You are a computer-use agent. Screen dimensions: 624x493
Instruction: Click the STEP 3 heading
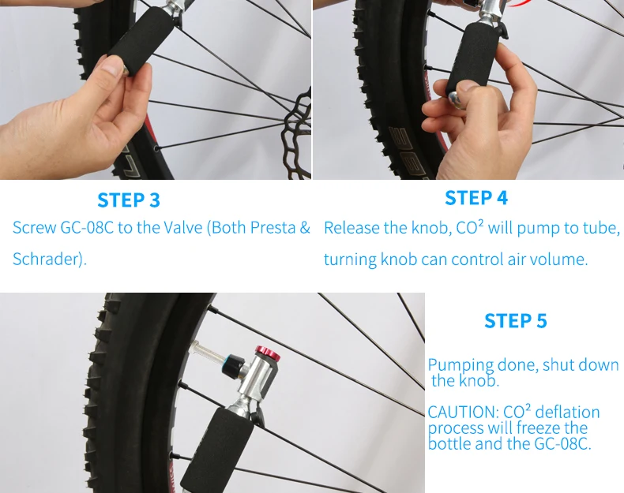tap(129, 200)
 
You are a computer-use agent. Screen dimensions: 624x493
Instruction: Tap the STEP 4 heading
tap(476, 198)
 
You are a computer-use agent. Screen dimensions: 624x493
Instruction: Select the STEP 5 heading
tap(515, 321)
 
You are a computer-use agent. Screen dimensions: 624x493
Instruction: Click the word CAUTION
tap(462, 413)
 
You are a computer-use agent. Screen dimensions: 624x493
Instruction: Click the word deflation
tap(567, 412)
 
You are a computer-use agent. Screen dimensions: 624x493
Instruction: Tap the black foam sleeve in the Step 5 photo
tap(216, 448)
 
